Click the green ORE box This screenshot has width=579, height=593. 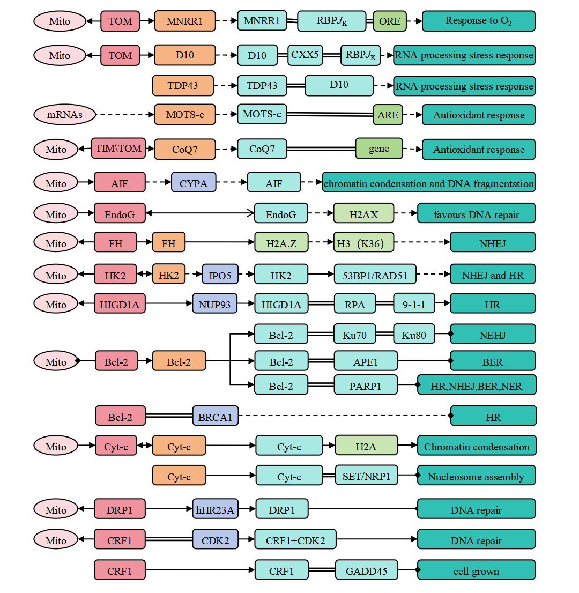(x=390, y=21)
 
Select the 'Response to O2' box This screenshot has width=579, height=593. (x=478, y=21)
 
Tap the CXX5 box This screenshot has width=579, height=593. (x=305, y=55)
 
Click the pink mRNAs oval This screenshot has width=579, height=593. (x=64, y=115)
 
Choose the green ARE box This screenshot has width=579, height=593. (x=388, y=115)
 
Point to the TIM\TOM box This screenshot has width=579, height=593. (x=118, y=148)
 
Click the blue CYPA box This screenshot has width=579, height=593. (x=193, y=183)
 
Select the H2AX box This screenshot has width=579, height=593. (x=363, y=214)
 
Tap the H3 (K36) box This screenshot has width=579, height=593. (x=363, y=243)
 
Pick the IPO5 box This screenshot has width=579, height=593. (x=220, y=275)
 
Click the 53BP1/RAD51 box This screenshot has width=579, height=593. (x=375, y=276)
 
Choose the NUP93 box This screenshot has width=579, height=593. (x=214, y=305)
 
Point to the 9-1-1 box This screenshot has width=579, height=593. (x=413, y=305)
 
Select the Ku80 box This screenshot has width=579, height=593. (x=413, y=335)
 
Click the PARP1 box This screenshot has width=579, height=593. (x=365, y=385)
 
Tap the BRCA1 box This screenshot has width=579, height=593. (x=215, y=417)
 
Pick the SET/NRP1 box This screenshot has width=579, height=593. (x=366, y=476)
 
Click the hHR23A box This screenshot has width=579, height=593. (x=215, y=509)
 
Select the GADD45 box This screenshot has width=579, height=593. (x=366, y=570)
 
